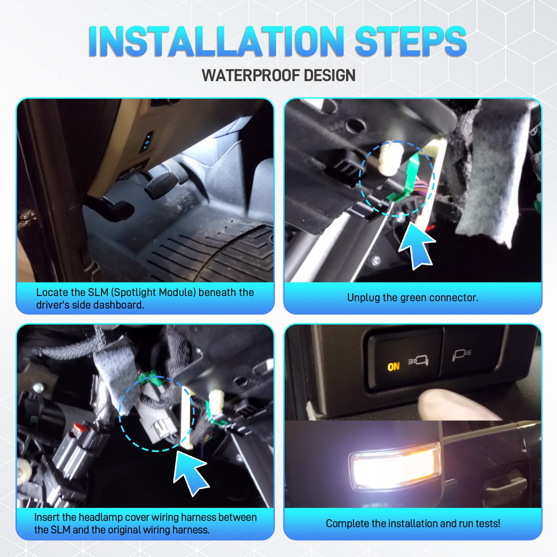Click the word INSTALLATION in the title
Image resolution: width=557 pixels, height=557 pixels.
point(216,41)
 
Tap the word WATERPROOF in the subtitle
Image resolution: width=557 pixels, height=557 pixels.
point(250,76)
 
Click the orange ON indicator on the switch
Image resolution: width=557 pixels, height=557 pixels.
point(393,367)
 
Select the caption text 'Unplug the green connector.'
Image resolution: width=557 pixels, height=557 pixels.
point(413,298)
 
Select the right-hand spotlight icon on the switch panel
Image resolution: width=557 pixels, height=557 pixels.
point(462,354)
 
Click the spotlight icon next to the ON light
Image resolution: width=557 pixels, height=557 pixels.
point(419,361)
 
